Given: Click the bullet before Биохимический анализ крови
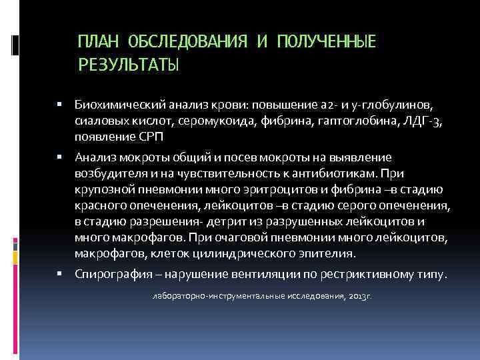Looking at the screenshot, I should click(60, 105).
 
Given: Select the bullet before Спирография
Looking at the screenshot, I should click(60, 274).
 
